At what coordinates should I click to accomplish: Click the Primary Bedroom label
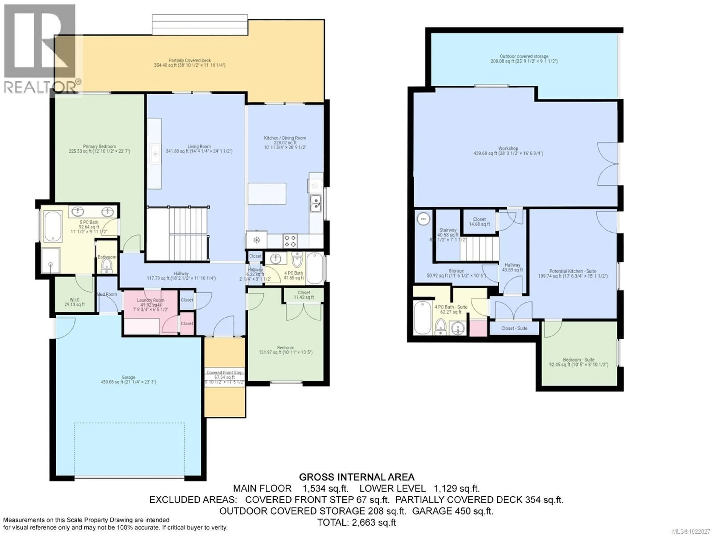coord(99,146)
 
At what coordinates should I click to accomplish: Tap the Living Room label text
coord(199,146)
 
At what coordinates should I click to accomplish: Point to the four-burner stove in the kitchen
coord(290,241)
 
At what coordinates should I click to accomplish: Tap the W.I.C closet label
coord(74,300)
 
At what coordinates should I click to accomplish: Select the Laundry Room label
coord(150,300)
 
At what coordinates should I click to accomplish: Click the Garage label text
coord(128,377)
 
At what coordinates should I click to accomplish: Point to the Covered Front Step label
coord(225,372)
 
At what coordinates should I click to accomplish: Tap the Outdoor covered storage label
coord(524,57)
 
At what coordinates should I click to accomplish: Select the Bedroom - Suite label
coord(579,360)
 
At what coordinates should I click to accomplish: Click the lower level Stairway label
coord(448,230)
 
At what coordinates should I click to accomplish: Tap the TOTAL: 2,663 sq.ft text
coord(356,522)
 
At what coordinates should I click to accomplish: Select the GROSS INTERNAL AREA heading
coord(356,477)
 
